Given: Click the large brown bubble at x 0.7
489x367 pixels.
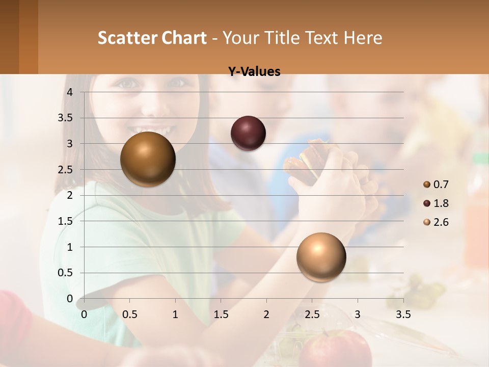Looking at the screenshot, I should click(x=148, y=159).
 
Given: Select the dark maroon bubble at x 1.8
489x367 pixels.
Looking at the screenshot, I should click(x=248, y=133).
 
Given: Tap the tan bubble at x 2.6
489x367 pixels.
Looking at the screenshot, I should click(x=321, y=257).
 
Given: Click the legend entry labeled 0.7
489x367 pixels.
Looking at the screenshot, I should click(x=441, y=185).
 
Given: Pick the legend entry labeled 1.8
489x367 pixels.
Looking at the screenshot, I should click(x=441, y=203).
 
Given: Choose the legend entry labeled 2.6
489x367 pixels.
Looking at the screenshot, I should click(x=441, y=222).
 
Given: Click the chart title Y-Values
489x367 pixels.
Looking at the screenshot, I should click(x=254, y=72).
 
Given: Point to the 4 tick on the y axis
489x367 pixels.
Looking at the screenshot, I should click(x=70, y=92).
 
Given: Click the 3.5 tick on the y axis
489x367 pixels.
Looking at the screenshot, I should click(x=66, y=118).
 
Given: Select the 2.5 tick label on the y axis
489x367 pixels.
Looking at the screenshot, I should click(x=66, y=169).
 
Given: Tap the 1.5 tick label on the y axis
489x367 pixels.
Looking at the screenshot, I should click(x=66, y=221).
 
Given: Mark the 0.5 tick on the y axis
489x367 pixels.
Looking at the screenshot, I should click(x=66, y=273).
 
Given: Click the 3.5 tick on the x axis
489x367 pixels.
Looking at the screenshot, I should click(x=403, y=314).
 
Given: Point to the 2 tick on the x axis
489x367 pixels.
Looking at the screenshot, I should click(x=266, y=314).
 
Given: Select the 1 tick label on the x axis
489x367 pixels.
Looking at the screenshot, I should click(x=175, y=314).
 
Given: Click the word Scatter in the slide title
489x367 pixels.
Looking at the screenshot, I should click(x=127, y=38).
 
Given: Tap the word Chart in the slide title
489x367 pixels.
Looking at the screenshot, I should click(x=184, y=38).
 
